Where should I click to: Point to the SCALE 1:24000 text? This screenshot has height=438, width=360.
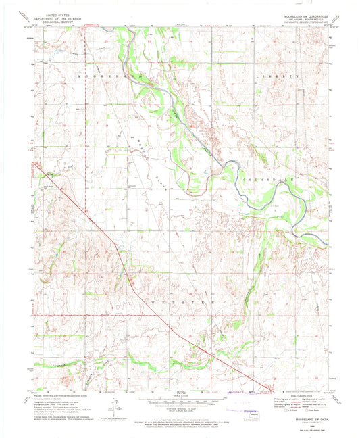pyautogui.click(x=179, y=395)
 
